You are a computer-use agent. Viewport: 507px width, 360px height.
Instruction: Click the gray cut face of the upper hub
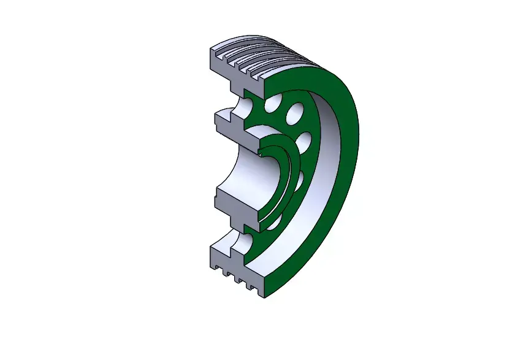tap(230, 126)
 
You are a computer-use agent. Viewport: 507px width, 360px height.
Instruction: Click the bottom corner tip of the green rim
tap(264, 296)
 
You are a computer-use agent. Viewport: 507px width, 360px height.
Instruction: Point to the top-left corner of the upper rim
tap(212, 49)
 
